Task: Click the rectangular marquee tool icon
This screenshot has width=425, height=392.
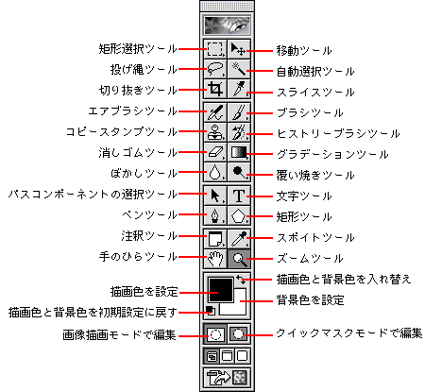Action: (x=215, y=49)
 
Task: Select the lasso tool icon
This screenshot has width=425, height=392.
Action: (x=215, y=69)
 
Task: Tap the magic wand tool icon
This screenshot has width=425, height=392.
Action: (x=239, y=69)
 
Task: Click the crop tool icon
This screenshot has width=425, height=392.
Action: (x=215, y=90)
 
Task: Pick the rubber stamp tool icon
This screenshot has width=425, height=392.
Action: (x=215, y=132)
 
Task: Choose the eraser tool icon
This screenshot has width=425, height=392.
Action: (x=215, y=153)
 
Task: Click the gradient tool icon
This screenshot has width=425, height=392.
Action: (x=239, y=153)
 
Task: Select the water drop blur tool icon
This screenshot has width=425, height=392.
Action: (x=215, y=173)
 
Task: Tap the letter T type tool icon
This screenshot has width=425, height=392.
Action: (x=239, y=196)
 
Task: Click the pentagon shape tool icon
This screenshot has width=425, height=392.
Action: (x=239, y=216)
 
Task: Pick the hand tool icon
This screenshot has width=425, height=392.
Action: (x=215, y=259)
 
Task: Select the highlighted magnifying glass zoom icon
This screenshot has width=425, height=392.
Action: (x=239, y=259)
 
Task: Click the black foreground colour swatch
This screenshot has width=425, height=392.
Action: (x=221, y=290)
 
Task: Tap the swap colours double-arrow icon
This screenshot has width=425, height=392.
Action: (x=242, y=280)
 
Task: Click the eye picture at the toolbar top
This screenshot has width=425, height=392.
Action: (x=227, y=26)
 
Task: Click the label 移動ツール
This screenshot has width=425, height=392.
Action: (x=304, y=50)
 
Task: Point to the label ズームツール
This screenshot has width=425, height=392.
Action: (x=310, y=259)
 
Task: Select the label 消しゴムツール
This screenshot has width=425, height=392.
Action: (x=138, y=153)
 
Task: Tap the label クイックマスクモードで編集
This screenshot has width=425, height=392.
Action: (x=349, y=333)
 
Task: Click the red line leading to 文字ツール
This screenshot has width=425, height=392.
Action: (x=260, y=196)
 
